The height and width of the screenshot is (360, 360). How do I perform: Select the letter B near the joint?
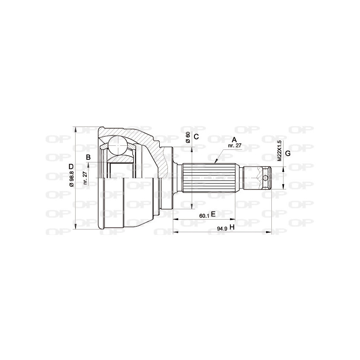[89, 157]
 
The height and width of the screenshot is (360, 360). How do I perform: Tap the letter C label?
[196, 137]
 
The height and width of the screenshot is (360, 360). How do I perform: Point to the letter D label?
[71, 167]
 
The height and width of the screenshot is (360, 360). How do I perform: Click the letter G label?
[288, 153]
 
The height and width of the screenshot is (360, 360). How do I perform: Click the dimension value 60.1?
[204, 216]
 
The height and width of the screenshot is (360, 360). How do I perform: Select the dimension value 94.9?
[222, 229]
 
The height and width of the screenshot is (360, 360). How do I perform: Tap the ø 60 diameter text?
[188, 138]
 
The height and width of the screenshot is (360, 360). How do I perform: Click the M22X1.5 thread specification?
[279, 150]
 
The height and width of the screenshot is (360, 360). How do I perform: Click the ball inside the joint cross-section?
[118, 145]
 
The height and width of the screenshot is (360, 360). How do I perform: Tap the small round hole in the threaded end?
[266, 178]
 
